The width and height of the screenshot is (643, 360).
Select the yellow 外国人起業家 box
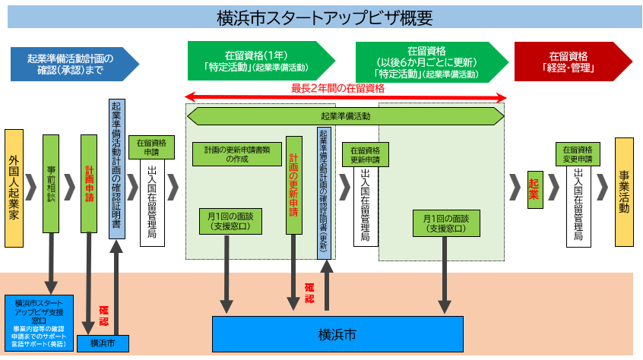tap(14, 188)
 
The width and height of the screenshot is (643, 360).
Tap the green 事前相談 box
tap(51, 184)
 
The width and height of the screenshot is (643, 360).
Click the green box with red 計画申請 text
tap(89, 184)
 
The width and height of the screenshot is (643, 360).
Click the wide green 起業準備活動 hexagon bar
tap(345, 116)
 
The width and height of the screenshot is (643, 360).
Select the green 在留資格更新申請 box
tap(365, 154)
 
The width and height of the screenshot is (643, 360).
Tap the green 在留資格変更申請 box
tap(578, 154)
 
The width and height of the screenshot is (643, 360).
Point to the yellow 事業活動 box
tap(624, 191)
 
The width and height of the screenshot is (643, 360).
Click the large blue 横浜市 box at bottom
tap(337, 334)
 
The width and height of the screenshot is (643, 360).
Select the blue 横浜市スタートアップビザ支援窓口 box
tap(39, 323)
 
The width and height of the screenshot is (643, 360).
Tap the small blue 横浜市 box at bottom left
tap(103, 343)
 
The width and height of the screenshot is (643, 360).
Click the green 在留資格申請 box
tap(152, 148)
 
